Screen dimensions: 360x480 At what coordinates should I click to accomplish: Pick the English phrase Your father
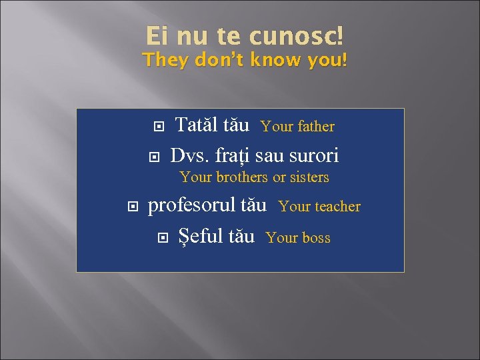[x=297, y=126]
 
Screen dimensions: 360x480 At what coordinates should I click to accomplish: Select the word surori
[x=315, y=155]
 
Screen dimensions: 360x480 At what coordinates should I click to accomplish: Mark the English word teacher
[x=337, y=207]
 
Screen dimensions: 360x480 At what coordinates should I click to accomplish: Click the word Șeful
[x=199, y=236]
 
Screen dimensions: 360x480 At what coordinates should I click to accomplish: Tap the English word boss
[x=316, y=237]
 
